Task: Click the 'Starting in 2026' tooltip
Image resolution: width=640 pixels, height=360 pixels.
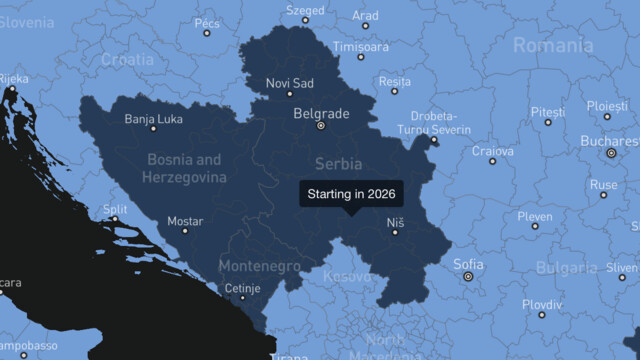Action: click(352, 193)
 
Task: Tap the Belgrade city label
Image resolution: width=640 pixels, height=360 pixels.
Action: click(321, 114)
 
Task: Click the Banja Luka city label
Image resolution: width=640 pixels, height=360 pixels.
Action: click(153, 119)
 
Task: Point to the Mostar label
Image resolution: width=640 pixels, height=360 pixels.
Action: click(185, 221)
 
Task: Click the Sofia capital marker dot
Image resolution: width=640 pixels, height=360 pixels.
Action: click(468, 276)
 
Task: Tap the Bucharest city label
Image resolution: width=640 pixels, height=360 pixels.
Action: click(609, 141)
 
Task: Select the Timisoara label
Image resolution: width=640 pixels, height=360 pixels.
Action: click(361, 46)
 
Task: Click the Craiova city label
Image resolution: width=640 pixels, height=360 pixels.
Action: click(493, 151)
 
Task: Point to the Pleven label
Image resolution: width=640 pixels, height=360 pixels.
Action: click(535, 216)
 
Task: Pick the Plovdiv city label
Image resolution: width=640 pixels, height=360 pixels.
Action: click(542, 303)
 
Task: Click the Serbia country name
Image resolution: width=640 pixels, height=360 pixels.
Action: click(338, 163)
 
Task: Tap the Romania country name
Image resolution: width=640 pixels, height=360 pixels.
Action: click(552, 45)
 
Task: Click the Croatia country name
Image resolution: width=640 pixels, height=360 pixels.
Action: click(127, 59)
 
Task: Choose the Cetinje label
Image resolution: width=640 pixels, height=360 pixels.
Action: click(243, 288)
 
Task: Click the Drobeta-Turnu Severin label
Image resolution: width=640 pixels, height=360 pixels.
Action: click(433, 123)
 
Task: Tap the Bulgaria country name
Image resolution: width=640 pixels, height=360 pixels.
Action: click(567, 268)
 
